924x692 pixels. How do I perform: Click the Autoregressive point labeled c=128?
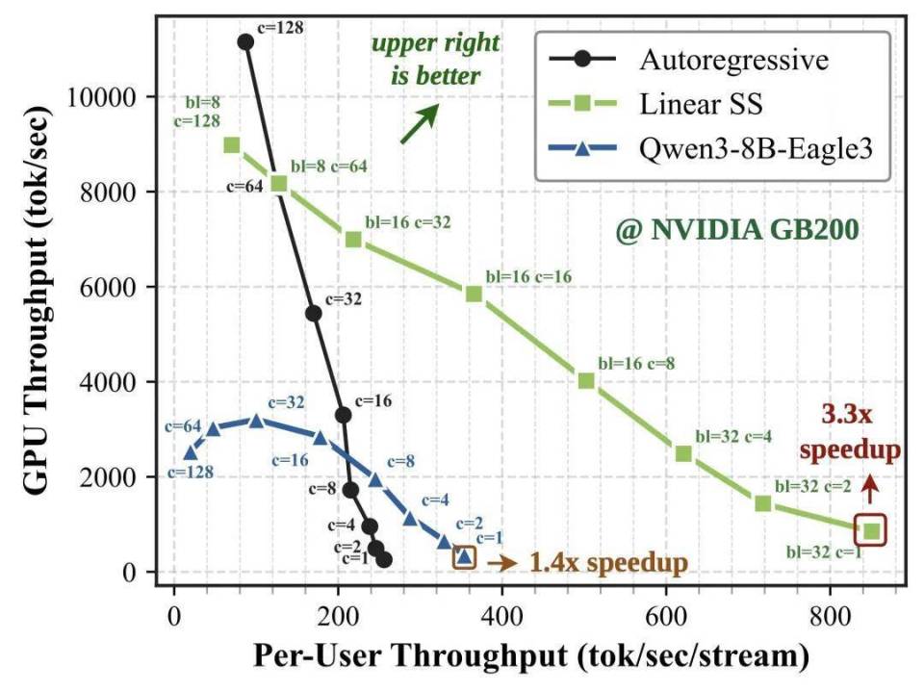point(245,41)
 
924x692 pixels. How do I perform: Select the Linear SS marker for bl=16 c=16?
point(474,294)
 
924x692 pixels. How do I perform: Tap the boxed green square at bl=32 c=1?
point(870,530)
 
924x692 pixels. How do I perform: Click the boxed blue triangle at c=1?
point(464,556)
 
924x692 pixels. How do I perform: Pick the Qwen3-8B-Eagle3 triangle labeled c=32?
point(256,421)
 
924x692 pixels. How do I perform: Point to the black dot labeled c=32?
point(314,313)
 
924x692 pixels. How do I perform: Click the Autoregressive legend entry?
point(689,60)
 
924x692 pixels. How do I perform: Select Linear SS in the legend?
point(655,104)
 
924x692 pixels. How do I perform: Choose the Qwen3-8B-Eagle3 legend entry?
point(710,148)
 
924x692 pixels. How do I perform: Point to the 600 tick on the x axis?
point(666,617)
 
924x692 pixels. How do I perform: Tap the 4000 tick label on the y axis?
point(109,382)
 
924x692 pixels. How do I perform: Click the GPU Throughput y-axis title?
point(36,301)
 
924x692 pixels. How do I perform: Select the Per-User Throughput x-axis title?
point(531,656)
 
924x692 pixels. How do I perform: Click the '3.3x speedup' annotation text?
point(850,432)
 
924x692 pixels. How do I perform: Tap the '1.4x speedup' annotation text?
point(608,562)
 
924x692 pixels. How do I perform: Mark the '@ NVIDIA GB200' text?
point(737,229)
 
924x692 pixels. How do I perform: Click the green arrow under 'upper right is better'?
point(420,123)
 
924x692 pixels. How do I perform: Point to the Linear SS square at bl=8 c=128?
point(232,145)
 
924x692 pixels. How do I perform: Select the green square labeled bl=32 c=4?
point(683,453)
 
